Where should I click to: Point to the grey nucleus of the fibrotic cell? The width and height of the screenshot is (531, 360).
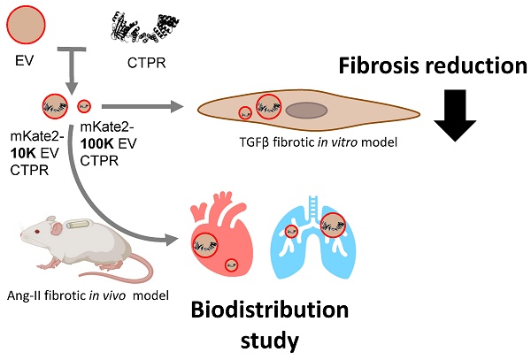click(309, 111)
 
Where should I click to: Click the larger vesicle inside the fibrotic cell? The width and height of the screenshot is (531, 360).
click(270, 108)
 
